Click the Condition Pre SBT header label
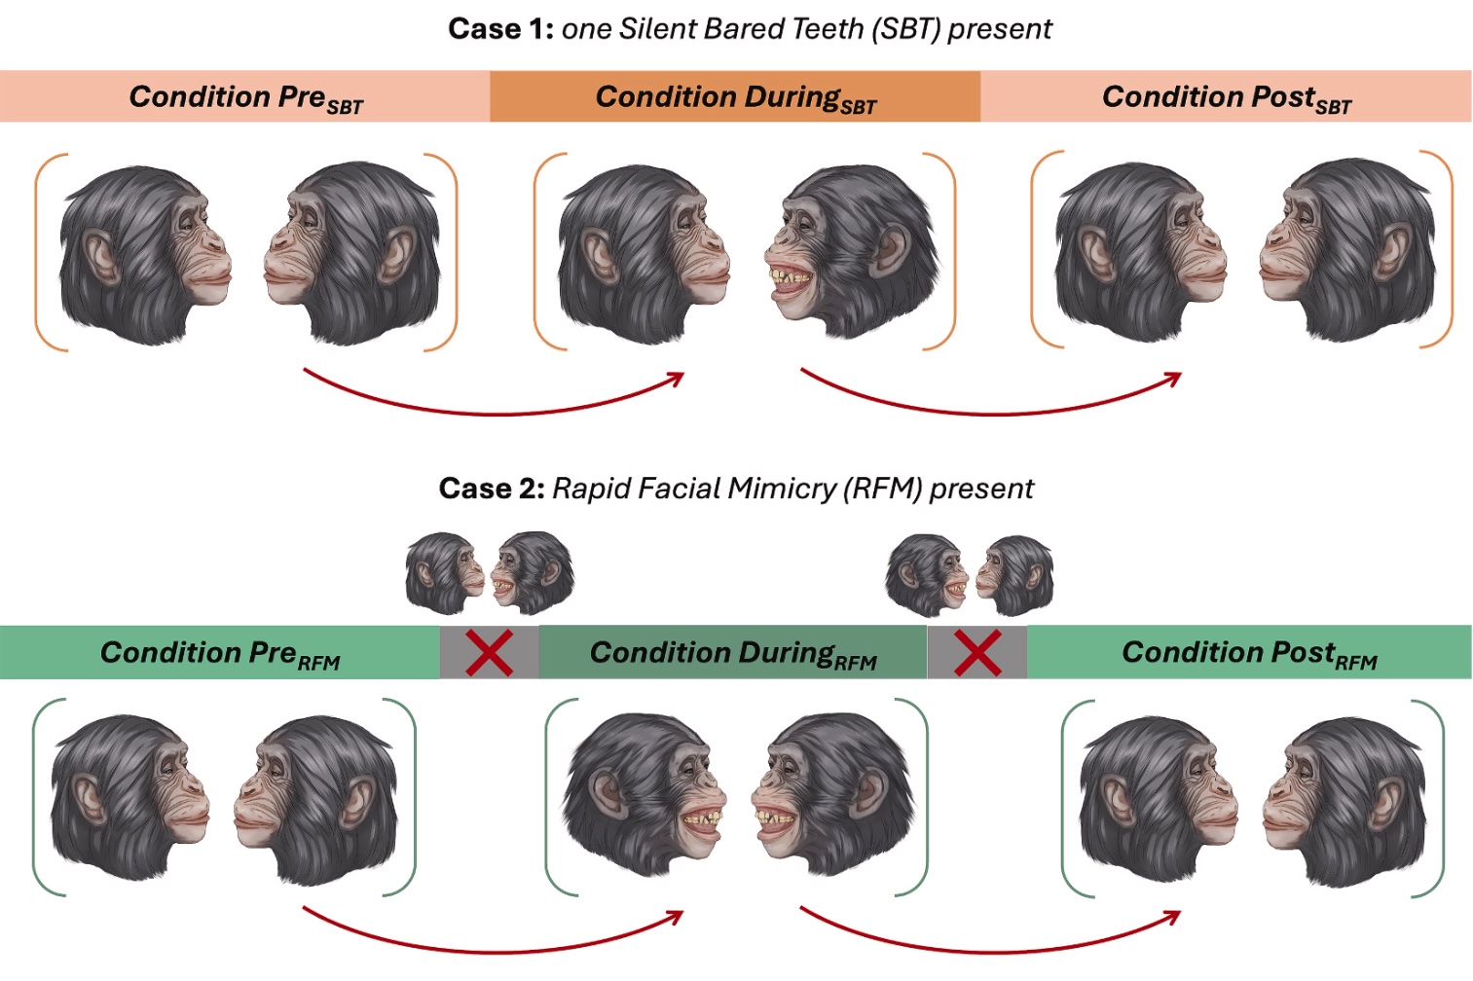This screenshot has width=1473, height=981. (x=245, y=97)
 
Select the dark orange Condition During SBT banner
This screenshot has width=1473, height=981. (x=735, y=97)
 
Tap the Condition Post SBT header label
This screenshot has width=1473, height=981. (x=1226, y=97)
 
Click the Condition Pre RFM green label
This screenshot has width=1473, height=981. (x=220, y=653)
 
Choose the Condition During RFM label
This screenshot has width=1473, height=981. (x=733, y=653)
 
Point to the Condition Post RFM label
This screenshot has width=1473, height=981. (x=1249, y=653)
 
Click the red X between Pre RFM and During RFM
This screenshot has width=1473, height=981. (x=489, y=653)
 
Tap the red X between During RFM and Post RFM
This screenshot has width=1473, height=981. (x=977, y=653)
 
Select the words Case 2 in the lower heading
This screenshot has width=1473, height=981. (x=492, y=488)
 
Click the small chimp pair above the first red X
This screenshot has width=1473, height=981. (x=490, y=573)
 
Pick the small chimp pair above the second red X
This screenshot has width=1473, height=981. (x=970, y=574)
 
